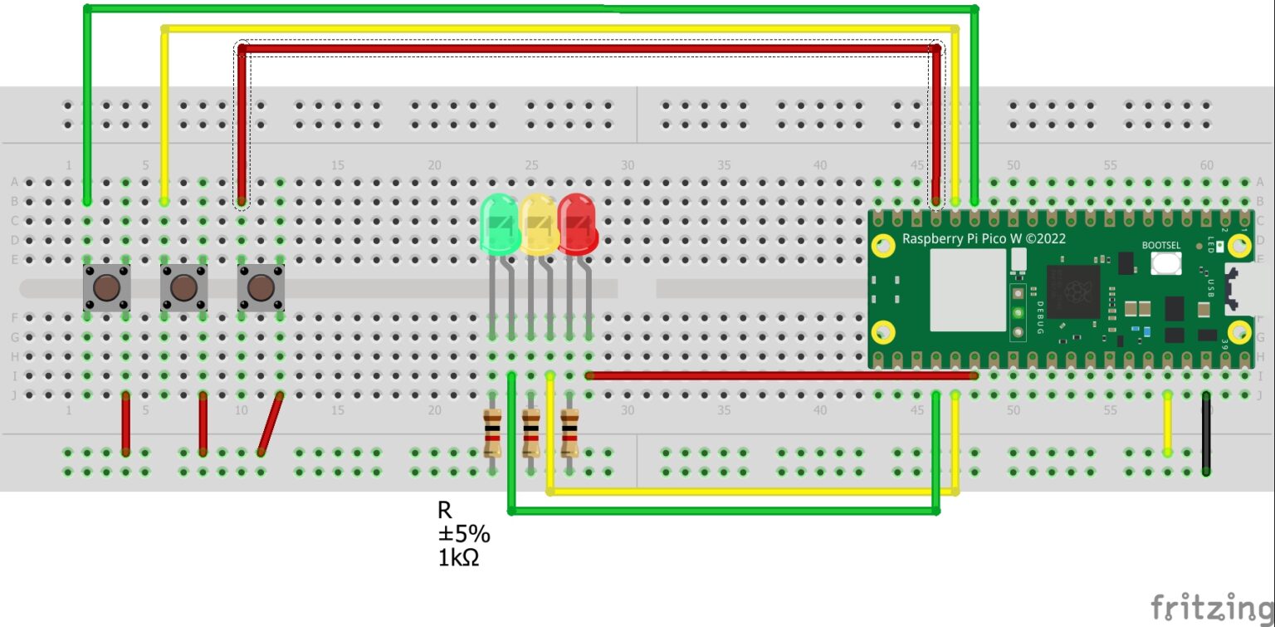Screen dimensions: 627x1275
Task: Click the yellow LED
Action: point(538,223)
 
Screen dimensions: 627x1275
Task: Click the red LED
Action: point(577,223)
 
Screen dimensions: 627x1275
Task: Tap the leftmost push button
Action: point(105,288)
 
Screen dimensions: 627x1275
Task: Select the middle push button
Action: point(183,288)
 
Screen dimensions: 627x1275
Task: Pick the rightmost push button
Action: point(261,288)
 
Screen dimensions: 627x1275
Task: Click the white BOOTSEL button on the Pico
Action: point(1167,263)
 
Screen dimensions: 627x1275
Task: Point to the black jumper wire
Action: point(1205,434)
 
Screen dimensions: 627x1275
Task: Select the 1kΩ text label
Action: point(458,558)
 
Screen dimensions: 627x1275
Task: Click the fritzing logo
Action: point(1211,607)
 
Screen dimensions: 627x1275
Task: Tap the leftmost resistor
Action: point(492,433)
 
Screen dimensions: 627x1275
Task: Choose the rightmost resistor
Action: point(569,433)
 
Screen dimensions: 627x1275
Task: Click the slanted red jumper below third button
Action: point(271,424)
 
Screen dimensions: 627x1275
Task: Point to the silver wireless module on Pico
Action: point(968,289)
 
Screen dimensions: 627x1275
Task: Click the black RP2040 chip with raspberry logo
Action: point(1072,291)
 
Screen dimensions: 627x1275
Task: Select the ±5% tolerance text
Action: point(463,534)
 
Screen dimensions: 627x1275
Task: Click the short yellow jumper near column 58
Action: point(1167,424)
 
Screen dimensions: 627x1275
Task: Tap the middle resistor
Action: point(530,433)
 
